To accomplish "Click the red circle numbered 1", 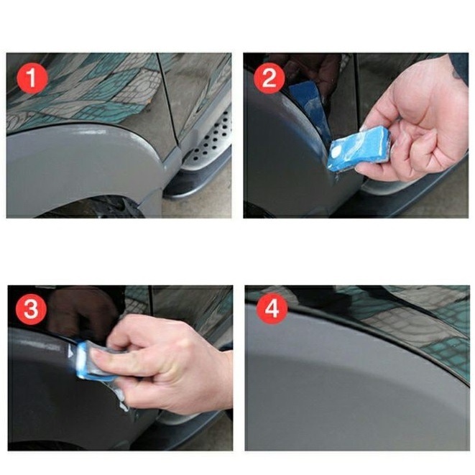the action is click(x=32, y=78).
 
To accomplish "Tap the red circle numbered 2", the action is click(x=269, y=78).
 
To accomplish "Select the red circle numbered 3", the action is click(x=31, y=309).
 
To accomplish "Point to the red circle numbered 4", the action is click(x=272, y=309).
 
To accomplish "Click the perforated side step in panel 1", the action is click(x=209, y=142).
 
